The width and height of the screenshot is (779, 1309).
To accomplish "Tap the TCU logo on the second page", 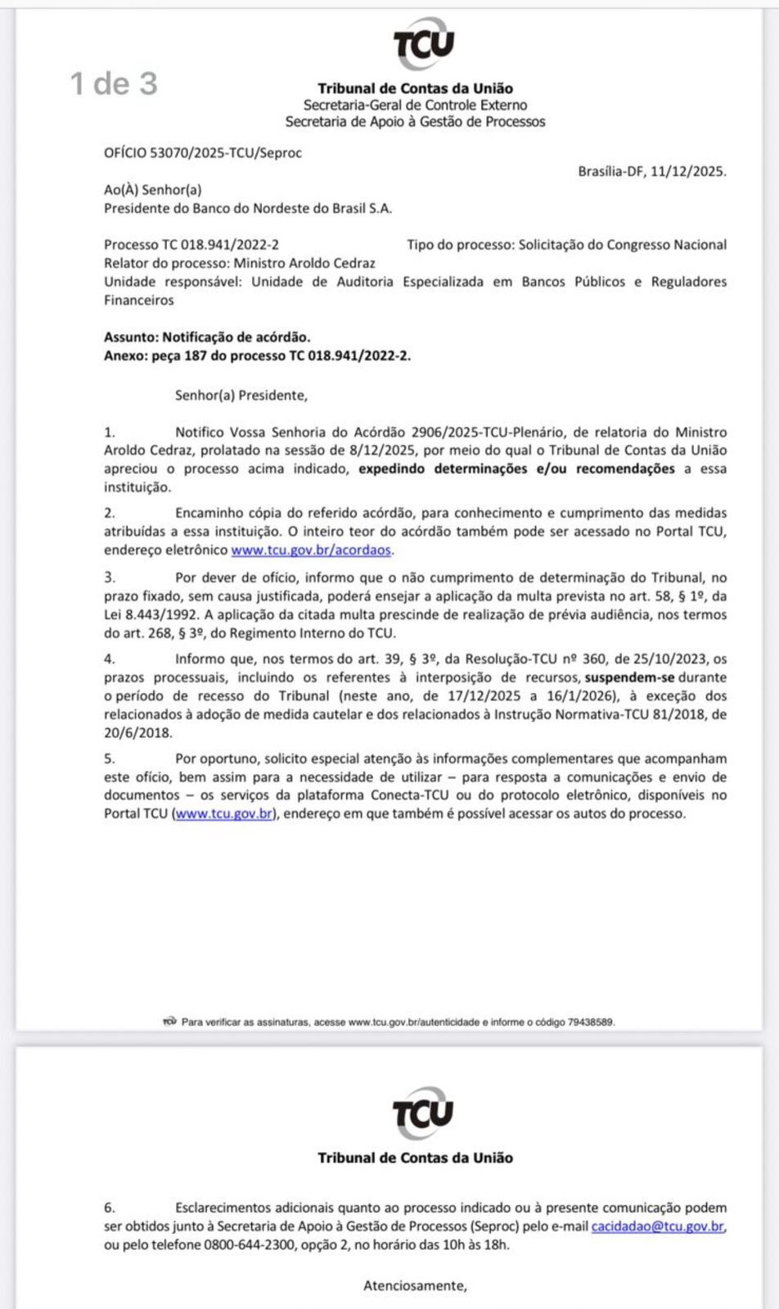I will pos(422,1113).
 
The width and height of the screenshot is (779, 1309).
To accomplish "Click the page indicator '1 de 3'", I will pos(114,83).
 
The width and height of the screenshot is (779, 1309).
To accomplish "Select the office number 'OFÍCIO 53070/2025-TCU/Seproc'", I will pos(203,153).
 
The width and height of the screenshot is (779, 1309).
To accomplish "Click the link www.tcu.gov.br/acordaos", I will pos(311,551).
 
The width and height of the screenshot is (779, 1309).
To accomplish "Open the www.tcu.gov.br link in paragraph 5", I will pos(224,814).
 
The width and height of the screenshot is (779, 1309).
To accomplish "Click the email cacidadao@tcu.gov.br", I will pos(658,1226).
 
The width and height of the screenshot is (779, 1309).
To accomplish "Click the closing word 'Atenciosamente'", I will pos(414,1285).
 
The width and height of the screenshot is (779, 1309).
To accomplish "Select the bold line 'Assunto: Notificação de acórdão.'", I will pos(207,337).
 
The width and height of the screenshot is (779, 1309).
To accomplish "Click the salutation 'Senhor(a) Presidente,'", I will pos(241,396).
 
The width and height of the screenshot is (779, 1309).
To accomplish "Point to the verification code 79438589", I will pos(590,1022).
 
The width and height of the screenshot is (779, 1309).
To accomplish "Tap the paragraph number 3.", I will pos(110,578).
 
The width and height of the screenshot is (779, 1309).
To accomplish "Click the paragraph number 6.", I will pos(110,1208).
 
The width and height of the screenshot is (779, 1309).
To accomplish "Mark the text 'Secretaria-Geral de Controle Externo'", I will pos(415,106).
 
